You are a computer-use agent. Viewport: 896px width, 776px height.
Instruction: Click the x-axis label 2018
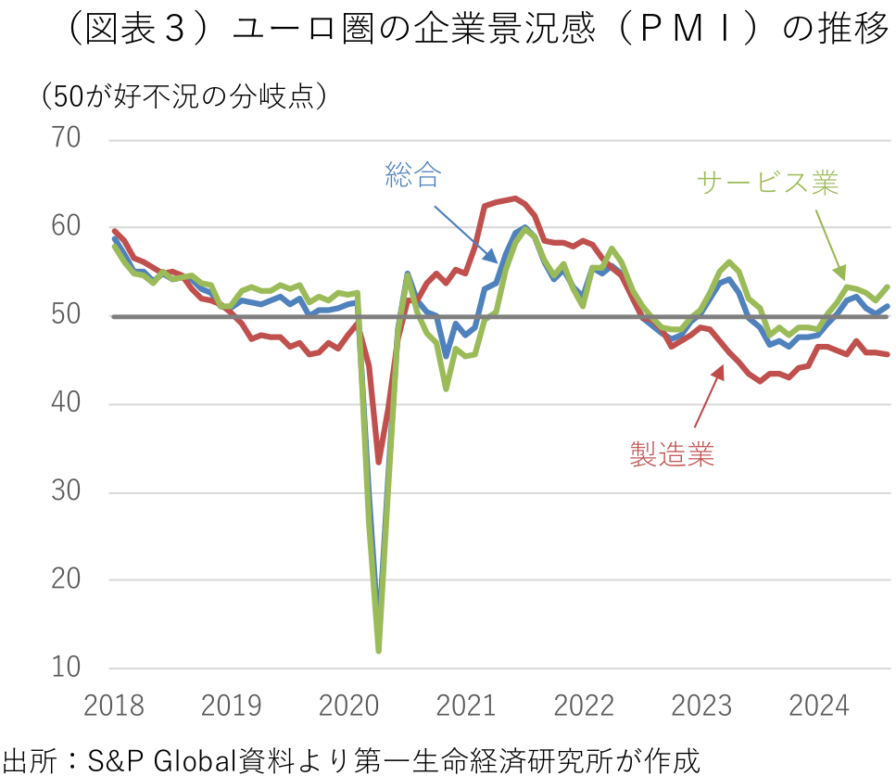[113, 707]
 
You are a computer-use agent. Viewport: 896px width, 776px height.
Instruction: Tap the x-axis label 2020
[349, 707]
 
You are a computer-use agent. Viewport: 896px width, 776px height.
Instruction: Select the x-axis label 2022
[585, 707]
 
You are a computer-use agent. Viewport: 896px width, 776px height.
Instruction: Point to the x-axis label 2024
[819, 707]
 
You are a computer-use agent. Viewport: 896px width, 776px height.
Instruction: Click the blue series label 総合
[412, 176]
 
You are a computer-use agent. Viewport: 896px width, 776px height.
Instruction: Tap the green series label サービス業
[768, 183]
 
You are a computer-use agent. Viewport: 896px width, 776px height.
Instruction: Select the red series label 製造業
[672, 454]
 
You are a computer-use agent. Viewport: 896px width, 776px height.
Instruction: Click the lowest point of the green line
[379, 650]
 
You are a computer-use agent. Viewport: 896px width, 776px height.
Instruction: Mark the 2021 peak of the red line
[515, 198]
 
